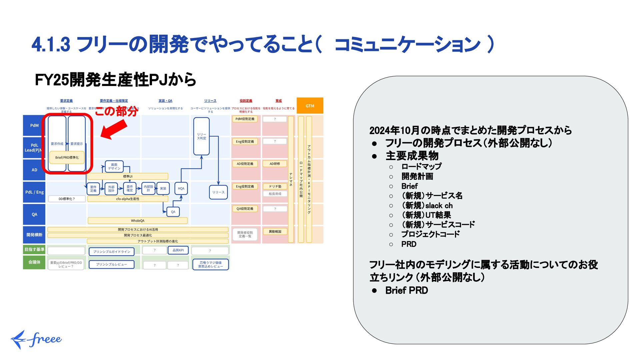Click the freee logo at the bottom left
36,339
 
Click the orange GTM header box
310,106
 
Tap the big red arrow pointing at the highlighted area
114,130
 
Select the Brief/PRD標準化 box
67,158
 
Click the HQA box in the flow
181,189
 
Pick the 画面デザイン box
114,166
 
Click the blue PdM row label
34,126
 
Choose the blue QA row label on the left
34,214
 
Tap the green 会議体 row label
34,262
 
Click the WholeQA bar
137,221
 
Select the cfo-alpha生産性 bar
128,199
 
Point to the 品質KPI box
178,250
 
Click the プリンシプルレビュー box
111,264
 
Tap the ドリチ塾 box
275,186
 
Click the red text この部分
116,111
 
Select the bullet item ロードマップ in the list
421,166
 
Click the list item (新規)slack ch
427,205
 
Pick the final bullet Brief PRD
406,290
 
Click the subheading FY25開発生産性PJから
115,80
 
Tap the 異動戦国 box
275,231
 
